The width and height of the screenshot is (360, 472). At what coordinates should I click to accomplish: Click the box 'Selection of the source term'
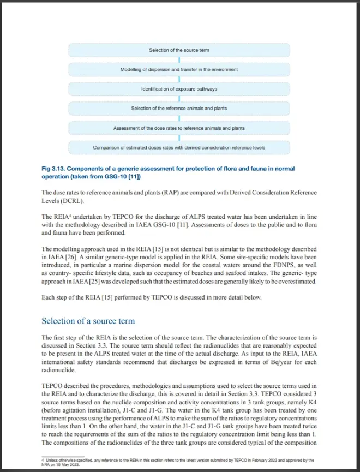click(x=179, y=50)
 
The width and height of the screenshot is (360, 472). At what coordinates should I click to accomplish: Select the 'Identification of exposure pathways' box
click(x=179, y=89)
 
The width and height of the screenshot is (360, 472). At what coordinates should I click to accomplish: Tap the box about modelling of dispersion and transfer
click(x=179, y=70)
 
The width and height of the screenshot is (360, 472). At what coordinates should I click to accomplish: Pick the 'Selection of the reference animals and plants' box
click(x=179, y=109)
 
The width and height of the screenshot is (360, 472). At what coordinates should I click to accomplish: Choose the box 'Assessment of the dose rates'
click(x=179, y=128)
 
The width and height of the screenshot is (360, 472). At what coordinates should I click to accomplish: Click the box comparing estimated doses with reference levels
click(x=179, y=147)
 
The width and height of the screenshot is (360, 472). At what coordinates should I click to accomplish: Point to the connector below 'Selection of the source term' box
click(x=179, y=60)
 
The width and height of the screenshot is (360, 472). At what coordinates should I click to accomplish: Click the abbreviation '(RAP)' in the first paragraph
click(x=136, y=193)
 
